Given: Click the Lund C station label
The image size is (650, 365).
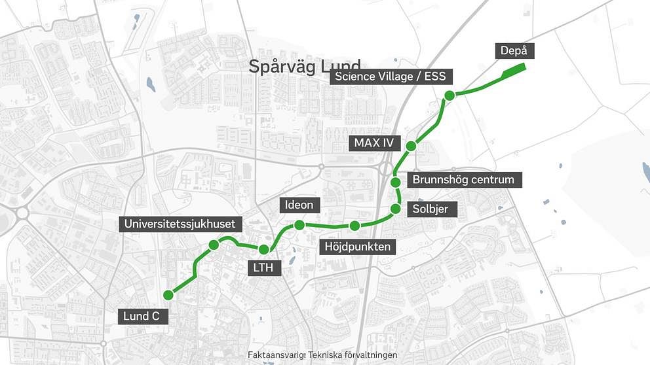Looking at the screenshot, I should coord(141,317).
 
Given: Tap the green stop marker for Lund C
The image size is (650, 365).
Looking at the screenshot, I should coord(168,294).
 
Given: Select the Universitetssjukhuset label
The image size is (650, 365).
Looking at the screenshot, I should coord(180,224).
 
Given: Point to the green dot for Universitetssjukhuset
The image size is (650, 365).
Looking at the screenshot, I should coord(214,245).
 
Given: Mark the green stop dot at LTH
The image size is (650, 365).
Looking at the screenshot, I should coord(264,249).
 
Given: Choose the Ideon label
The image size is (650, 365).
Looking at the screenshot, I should coord(299,205).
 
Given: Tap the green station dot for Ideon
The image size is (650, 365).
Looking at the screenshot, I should coord(299,225).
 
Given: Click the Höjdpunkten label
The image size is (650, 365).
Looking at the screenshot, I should coord(358,247).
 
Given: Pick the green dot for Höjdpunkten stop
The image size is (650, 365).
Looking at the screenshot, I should coord(354,226).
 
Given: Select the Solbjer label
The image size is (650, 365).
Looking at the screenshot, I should coord(430,209).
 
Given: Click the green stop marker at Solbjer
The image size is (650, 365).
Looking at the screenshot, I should coord(396,209).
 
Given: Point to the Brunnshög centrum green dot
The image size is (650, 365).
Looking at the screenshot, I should coord(396,182).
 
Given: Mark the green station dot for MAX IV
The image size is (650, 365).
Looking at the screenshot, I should coord(411,146).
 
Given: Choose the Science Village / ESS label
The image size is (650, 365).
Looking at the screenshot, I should coord(390,77).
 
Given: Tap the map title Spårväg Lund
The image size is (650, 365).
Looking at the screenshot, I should coord(305,66).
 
